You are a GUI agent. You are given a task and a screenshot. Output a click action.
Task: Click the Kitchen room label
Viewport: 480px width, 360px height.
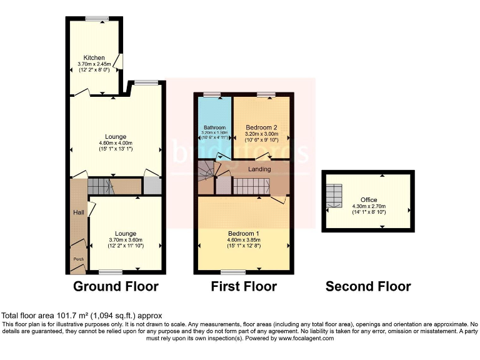coord(94,57)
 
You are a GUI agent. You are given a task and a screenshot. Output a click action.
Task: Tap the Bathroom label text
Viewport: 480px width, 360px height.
coord(214,127)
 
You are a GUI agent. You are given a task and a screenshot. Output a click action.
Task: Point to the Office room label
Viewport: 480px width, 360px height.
coord(369,200)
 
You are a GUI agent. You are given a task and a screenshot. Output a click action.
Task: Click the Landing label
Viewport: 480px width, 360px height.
coord(259,168)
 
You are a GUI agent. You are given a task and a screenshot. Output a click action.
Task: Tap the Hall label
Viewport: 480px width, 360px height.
coord(78,213)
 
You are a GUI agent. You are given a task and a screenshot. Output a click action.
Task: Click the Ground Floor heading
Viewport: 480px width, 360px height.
coord(116,287)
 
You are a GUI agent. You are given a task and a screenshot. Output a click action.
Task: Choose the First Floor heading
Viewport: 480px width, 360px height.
coord(244,287)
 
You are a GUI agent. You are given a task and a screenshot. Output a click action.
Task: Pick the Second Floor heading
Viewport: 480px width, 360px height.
coord(368,287)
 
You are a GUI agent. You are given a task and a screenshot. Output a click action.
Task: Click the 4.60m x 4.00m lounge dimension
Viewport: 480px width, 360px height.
coord(116,143)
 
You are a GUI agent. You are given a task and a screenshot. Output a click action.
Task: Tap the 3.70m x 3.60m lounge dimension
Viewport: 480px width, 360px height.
coord(127,240)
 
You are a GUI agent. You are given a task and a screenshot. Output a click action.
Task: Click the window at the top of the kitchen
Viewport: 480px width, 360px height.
coord(97,19)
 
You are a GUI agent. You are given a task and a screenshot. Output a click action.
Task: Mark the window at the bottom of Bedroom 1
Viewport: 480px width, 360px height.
coord(233,272)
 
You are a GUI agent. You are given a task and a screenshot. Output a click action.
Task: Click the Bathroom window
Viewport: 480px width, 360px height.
coord(212,94)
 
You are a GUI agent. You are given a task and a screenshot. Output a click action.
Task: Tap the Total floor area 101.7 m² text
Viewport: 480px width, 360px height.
coord(84,316)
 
